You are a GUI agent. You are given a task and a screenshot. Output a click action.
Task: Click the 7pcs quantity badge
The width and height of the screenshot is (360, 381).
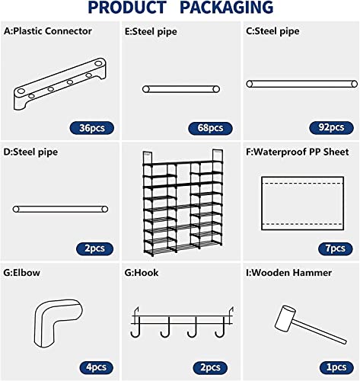(333, 248)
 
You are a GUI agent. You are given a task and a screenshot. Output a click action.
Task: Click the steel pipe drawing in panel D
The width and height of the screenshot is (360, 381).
(59, 208)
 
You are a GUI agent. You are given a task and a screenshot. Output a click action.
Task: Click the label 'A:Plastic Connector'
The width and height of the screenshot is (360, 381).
(48, 31)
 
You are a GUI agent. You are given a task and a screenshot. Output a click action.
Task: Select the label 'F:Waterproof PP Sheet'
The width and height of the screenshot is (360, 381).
(302, 152)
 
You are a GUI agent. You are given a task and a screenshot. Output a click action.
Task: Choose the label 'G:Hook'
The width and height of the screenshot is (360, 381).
(145, 273)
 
